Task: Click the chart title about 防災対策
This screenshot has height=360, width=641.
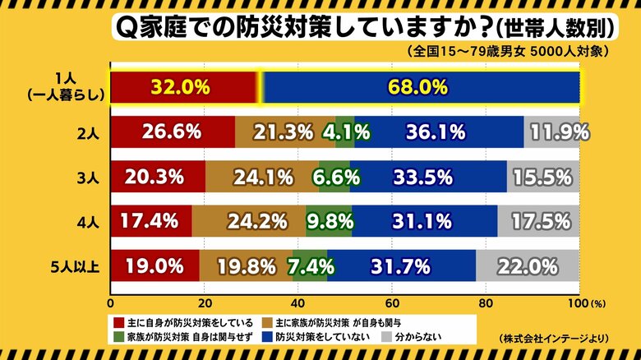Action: (x=362, y=29)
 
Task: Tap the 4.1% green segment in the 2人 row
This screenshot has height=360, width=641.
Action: (x=345, y=132)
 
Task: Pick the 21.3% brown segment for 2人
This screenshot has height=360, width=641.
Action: (x=285, y=132)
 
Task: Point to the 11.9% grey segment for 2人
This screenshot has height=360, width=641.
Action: (x=551, y=132)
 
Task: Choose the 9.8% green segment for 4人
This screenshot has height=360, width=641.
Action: (x=329, y=221)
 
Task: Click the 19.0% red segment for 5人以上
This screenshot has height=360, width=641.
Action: (x=154, y=265)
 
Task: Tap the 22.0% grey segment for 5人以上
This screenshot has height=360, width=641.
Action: (x=528, y=265)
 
